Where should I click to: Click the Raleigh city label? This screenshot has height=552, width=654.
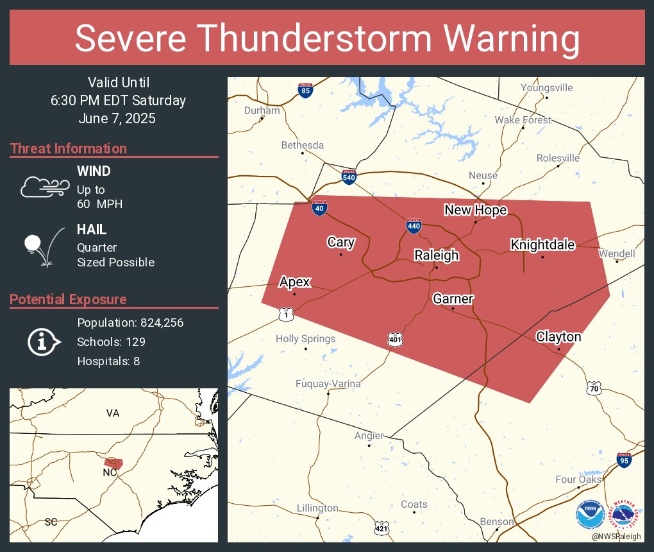point(436,255)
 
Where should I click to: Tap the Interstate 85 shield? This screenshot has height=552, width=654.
point(306,91)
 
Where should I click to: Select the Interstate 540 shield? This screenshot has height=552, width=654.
point(349,177)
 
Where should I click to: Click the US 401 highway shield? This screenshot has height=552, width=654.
point(395,340)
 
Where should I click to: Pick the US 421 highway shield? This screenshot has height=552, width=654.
point(382,528)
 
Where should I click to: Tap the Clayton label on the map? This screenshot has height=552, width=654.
point(558,337)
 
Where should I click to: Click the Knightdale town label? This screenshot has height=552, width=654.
point(542,245)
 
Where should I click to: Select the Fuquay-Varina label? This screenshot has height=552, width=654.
point(328,384)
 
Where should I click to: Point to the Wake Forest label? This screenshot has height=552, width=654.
point(523,120)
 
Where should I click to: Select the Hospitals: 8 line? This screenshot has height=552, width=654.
point(108,361)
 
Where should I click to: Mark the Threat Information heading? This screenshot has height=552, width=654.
point(69,148)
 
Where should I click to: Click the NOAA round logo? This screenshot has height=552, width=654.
point(590,515)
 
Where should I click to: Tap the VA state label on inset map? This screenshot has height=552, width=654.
point(113,413)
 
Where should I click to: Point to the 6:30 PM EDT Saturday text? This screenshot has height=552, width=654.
point(118,101)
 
